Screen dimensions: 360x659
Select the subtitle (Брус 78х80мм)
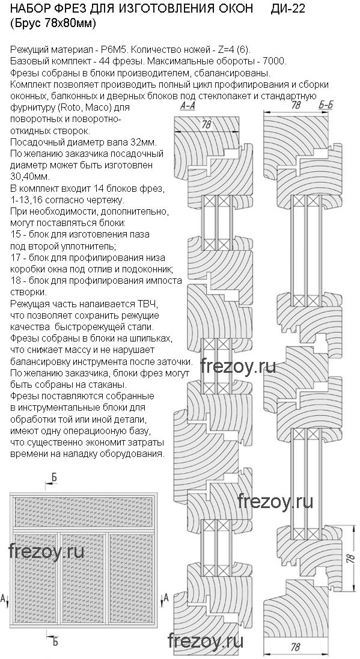click(x=53, y=25)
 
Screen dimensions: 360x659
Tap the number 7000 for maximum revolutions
click(x=276, y=61)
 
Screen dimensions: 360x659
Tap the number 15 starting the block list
click(x=13, y=234)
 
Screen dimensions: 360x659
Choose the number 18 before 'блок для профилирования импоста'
click(x=13, y=280)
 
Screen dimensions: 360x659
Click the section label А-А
click(x=188, y=107)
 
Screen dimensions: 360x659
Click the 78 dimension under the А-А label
click(x=206, y=125)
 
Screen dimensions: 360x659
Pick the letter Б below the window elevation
click(x=55, y=642)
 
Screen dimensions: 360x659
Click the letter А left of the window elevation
click(x=4, y=598)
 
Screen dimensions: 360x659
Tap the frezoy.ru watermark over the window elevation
click(x=46, y=551)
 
